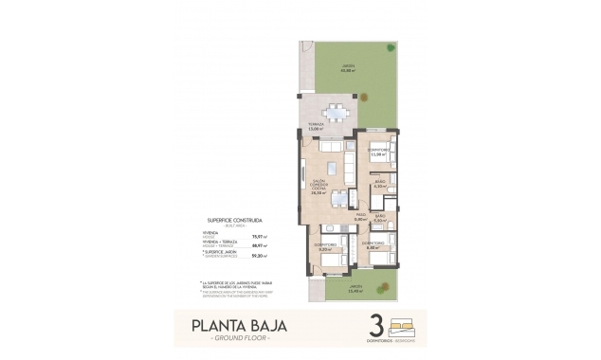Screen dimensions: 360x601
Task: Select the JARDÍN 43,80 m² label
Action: (x=349, y=67)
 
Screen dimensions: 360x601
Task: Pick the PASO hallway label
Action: (x=360, y=217)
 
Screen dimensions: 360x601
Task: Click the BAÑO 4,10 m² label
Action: (x=379, y=185)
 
